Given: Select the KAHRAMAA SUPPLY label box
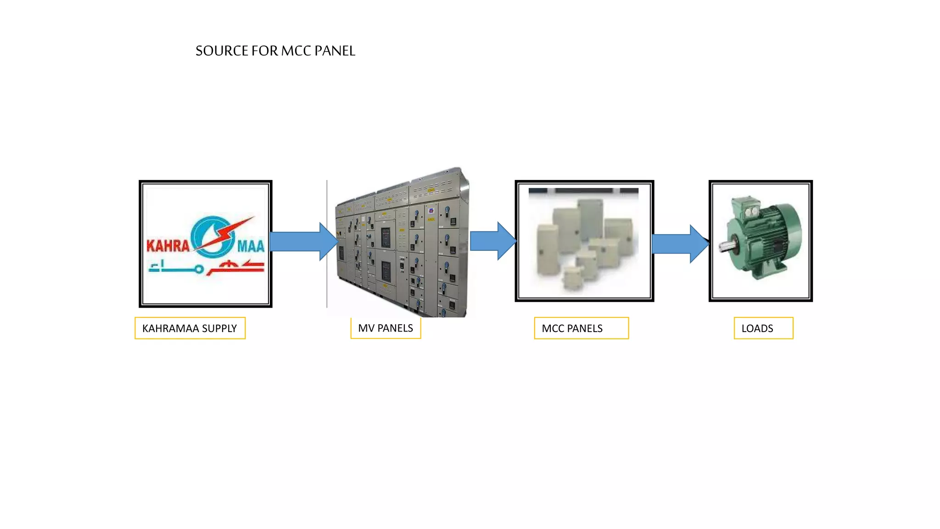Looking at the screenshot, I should coord(190,328).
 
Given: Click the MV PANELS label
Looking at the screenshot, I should coord(385,328).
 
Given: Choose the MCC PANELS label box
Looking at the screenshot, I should coord(581,328).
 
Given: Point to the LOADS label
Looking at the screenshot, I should coord(763,328).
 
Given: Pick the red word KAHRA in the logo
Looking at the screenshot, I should coord(168,246).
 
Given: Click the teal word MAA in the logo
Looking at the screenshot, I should coord(251,246).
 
